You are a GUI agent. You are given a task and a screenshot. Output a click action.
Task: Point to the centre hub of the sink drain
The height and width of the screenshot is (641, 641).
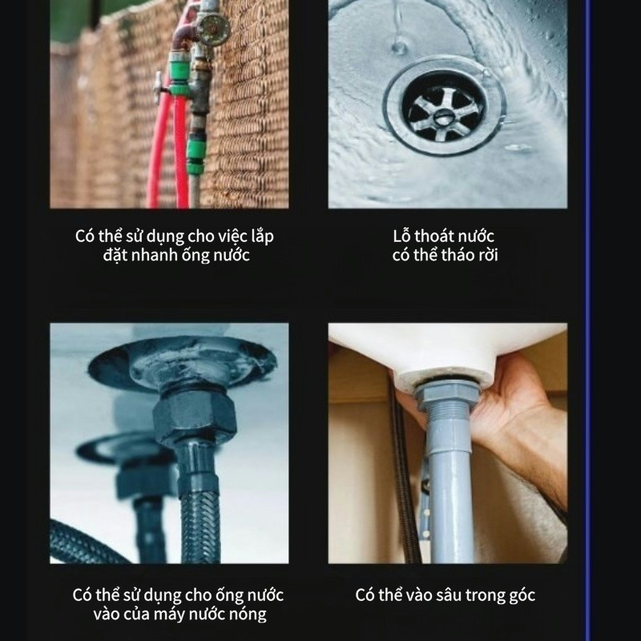pos(441,118)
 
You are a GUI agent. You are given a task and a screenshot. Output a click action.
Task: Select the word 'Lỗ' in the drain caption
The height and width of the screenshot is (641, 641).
pos(401,236)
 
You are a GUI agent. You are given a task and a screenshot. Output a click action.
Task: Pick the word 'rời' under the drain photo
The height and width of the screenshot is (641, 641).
pos(486,255)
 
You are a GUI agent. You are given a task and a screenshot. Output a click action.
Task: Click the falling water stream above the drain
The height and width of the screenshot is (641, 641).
pos(398,25)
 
